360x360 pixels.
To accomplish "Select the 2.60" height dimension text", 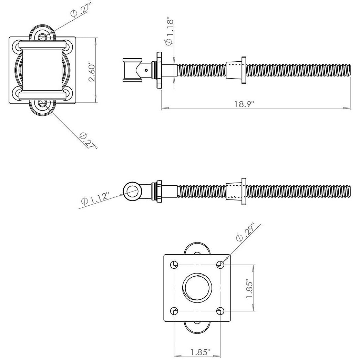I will (x=91, y=72).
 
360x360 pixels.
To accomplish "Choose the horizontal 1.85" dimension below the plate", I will (x=200, y=352).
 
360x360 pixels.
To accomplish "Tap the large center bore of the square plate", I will (x=197, y=288).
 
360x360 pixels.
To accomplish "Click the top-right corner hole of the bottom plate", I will (x=220, y=265).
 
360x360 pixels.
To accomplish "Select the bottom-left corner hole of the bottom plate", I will (x=175, y=311).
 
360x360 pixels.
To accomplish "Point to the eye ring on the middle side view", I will (x=132, y=191).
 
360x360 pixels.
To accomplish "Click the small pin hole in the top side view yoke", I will (x=146, y=70).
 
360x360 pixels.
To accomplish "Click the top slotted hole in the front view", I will (x=42, y=37).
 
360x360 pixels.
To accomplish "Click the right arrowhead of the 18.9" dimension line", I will (x=348, y=109).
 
